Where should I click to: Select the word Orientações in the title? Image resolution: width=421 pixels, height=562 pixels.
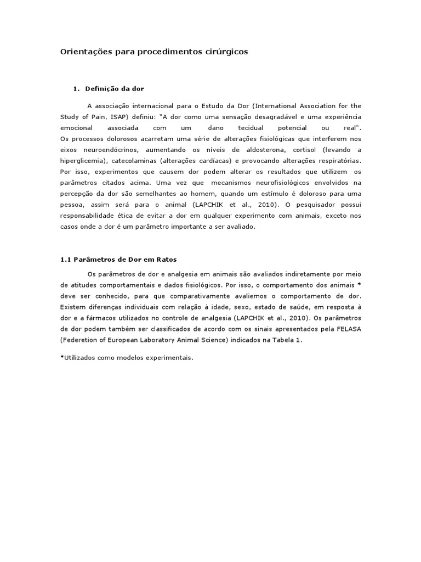83,52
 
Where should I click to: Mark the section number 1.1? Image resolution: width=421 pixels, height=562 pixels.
65,259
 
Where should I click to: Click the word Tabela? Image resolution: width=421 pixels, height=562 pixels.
281,340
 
